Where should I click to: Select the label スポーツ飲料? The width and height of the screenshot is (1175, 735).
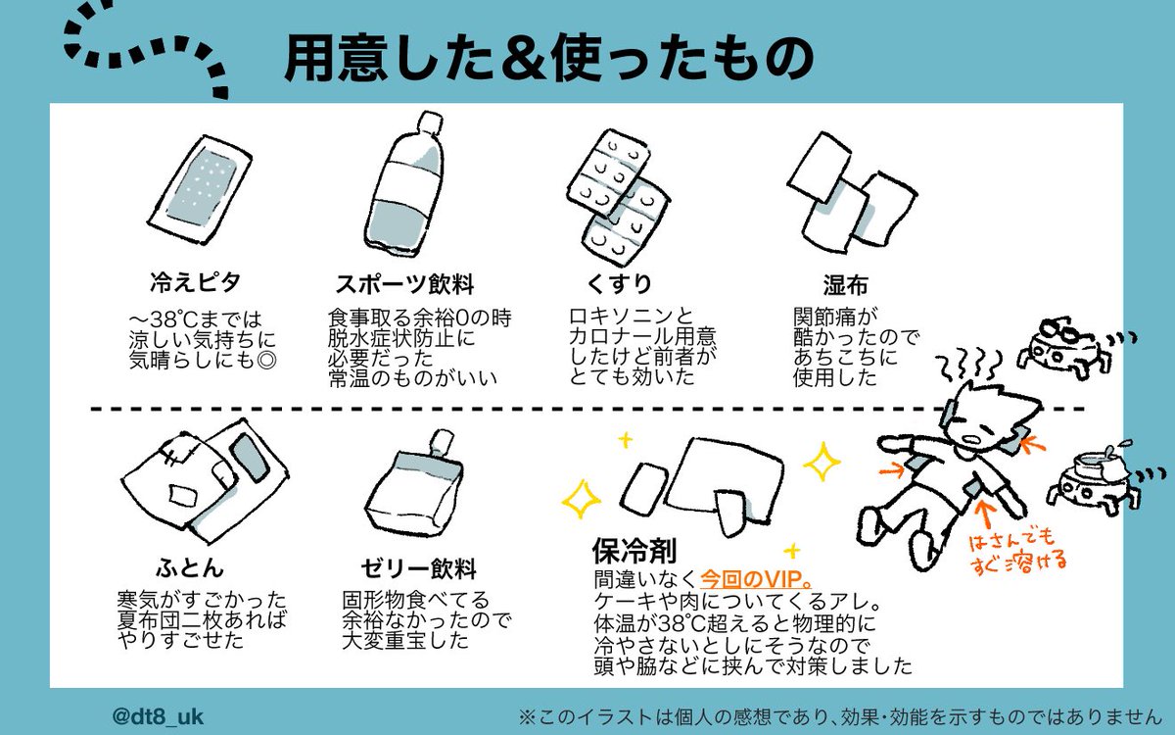click(403, 285)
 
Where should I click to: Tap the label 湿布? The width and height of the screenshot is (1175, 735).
click(845, 284)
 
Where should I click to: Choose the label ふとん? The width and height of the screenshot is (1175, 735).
click(190, 567)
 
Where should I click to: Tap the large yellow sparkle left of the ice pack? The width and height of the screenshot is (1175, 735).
click(582, 500)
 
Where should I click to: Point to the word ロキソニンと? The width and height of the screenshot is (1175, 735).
click(631, 316)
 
